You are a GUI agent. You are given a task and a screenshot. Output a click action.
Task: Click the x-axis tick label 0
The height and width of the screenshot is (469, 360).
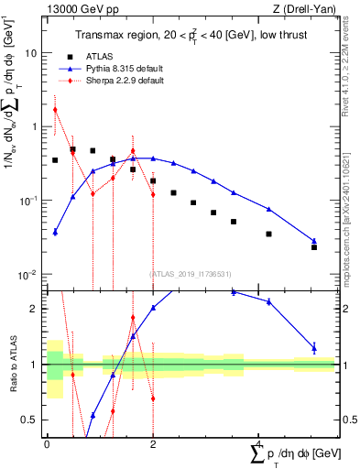(47, 443)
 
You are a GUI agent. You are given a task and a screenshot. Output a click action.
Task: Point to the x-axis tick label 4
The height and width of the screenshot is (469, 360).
(260, 443)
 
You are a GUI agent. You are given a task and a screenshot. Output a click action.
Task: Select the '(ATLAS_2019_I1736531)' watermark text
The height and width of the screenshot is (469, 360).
(191, 274)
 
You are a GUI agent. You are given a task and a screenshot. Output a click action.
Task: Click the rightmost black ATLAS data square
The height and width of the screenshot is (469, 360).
(314, 247)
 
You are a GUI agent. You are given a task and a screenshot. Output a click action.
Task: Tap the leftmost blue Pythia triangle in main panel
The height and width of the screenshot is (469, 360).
(55, 232)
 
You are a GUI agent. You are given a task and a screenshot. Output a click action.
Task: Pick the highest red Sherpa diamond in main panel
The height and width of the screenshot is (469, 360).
(55, 109)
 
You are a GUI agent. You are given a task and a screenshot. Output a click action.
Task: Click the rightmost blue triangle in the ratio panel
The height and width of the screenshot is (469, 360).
(314, 347)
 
